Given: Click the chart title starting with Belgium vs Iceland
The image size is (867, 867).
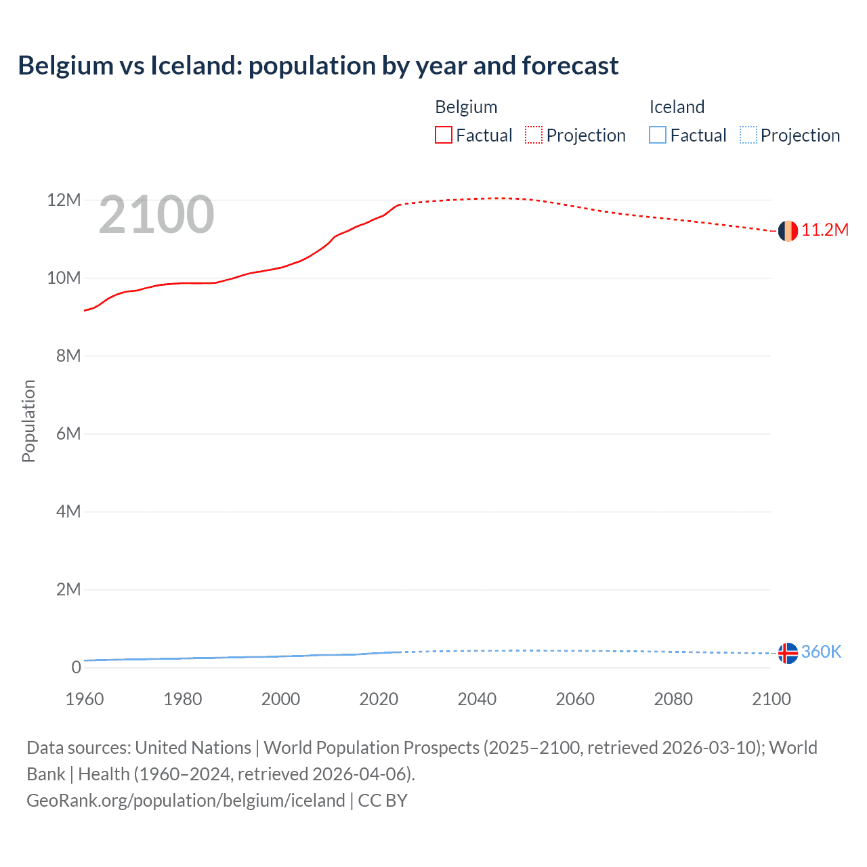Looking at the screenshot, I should (318, 66).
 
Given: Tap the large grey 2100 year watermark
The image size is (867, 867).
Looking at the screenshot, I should (156, 215).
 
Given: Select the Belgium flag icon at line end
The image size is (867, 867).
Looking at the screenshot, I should (788, 231).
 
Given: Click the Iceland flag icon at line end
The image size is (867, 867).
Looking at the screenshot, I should (788, 653).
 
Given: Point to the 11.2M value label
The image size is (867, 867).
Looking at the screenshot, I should (824, 230).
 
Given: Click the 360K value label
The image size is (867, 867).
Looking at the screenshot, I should (821, 652).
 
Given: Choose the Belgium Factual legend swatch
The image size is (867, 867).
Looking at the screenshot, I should (444, 135).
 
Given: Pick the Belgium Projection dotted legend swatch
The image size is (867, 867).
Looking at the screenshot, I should (534, 135).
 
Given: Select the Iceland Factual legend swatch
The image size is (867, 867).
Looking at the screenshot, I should (658, 135).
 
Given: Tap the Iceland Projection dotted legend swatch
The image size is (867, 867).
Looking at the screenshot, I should (748, 135).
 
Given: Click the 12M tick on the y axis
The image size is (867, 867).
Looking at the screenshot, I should (64, 200).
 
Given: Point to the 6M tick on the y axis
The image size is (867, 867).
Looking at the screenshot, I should (68, 434).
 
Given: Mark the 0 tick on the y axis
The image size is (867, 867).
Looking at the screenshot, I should (76, 668).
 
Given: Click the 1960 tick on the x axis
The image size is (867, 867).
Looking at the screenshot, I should (85, 699).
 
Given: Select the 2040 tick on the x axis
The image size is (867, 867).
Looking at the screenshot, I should (477, 699).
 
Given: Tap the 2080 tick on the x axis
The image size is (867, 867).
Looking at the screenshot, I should (673, 699).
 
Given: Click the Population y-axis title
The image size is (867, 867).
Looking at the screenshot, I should (28, 421).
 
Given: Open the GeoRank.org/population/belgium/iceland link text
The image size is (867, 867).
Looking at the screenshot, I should (186, 801).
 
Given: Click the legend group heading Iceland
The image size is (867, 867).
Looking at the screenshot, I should (677, 107).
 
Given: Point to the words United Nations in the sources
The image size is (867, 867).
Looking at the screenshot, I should (193, 748).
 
